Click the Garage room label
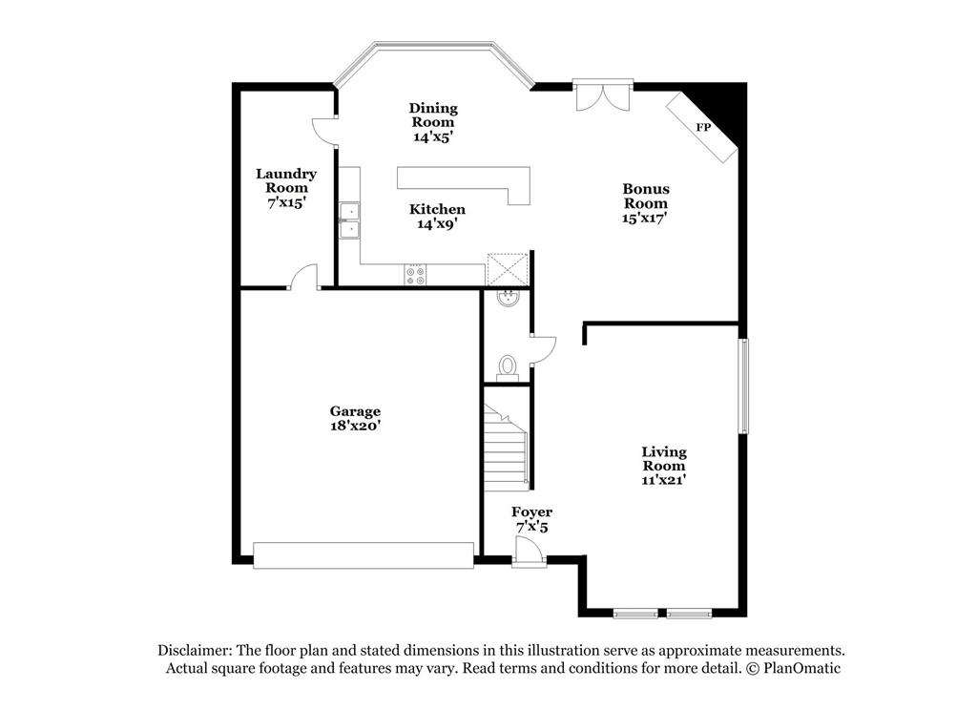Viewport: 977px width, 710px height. (x=356, y=412)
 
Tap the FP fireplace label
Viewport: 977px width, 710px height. (x=703, y=127)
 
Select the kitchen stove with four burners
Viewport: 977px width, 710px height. (x=416, y=275)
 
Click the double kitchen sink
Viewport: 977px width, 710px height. (x=348, y=219)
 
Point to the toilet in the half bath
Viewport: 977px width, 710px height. (x=508, y=367)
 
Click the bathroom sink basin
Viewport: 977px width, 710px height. (x=509, y=298)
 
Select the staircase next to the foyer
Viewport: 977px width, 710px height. (x=507, y=444)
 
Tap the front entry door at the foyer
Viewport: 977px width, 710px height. (x=528, y=552)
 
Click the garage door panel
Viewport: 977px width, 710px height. (x=364, y=555)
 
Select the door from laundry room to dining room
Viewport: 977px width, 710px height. (x=326, y=130)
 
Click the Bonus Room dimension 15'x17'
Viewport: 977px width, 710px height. (x=646, y=218)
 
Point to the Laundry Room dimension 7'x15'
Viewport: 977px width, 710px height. (x=286, y=202)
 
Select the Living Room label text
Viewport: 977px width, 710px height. (x=663, y=459)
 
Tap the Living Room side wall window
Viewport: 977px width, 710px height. (x=743, y=386)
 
